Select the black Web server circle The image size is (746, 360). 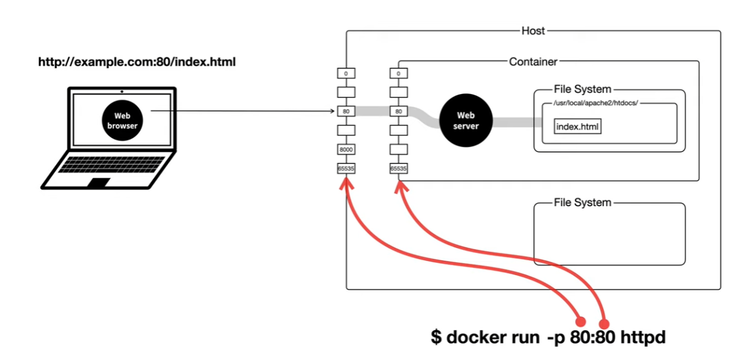point(466,121)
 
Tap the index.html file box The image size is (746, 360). point(578,127)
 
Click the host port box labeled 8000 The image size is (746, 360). point(347,149)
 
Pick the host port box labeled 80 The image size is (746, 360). point(347,111)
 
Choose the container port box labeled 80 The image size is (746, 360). point(399,111)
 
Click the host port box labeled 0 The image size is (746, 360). point(347,73)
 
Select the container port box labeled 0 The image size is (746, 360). point(399,73)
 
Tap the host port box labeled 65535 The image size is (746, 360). point(347,168)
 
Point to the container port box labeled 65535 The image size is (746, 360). point(399,168)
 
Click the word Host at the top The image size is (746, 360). point(533,31)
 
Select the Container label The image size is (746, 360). point(533,61)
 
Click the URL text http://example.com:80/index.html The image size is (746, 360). point(137,62)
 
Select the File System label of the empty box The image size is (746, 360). point(582,203)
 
